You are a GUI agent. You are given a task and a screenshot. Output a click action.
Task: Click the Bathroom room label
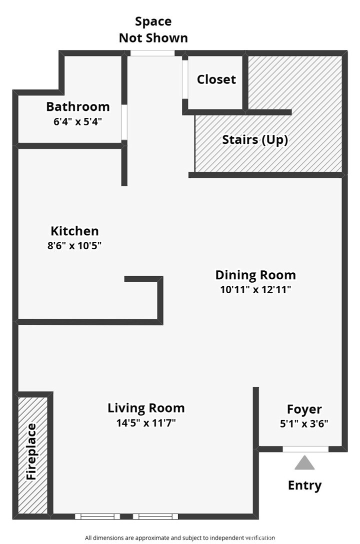78,106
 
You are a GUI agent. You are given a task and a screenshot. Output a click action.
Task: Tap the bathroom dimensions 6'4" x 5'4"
78,122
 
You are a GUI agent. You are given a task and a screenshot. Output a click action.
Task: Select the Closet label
216,79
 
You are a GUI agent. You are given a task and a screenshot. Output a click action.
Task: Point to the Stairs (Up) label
255,140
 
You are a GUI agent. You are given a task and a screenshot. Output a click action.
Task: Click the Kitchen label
74,231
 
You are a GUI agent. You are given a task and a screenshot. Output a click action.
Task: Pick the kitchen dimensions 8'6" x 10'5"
74,246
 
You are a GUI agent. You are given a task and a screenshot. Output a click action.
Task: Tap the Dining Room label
255,275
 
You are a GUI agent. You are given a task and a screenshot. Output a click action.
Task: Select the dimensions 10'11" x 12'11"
255,290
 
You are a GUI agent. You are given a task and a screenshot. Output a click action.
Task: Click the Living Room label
146,408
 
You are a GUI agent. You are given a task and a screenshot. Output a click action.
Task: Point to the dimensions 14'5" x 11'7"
146,423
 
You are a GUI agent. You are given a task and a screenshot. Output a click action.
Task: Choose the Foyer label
304,410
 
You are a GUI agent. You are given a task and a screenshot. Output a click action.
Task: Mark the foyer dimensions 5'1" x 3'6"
304,424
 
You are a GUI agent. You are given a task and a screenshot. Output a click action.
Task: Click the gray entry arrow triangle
304,463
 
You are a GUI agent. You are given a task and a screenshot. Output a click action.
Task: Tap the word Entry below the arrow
305,486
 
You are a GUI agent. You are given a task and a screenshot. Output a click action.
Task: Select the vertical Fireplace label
31,452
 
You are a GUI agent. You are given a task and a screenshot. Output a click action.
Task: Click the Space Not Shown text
153,29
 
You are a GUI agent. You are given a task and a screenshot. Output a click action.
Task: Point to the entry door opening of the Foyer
305,449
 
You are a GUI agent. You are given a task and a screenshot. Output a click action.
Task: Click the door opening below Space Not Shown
152,53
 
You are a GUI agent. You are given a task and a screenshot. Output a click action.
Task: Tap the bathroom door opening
124,122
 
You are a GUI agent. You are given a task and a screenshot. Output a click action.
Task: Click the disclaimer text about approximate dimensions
180,538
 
